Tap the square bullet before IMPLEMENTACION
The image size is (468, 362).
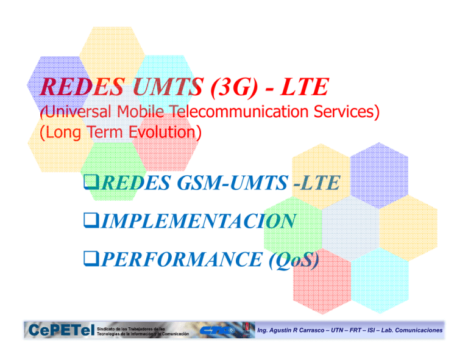coord(90,222)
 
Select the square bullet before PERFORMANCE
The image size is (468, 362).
coord(90,261)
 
